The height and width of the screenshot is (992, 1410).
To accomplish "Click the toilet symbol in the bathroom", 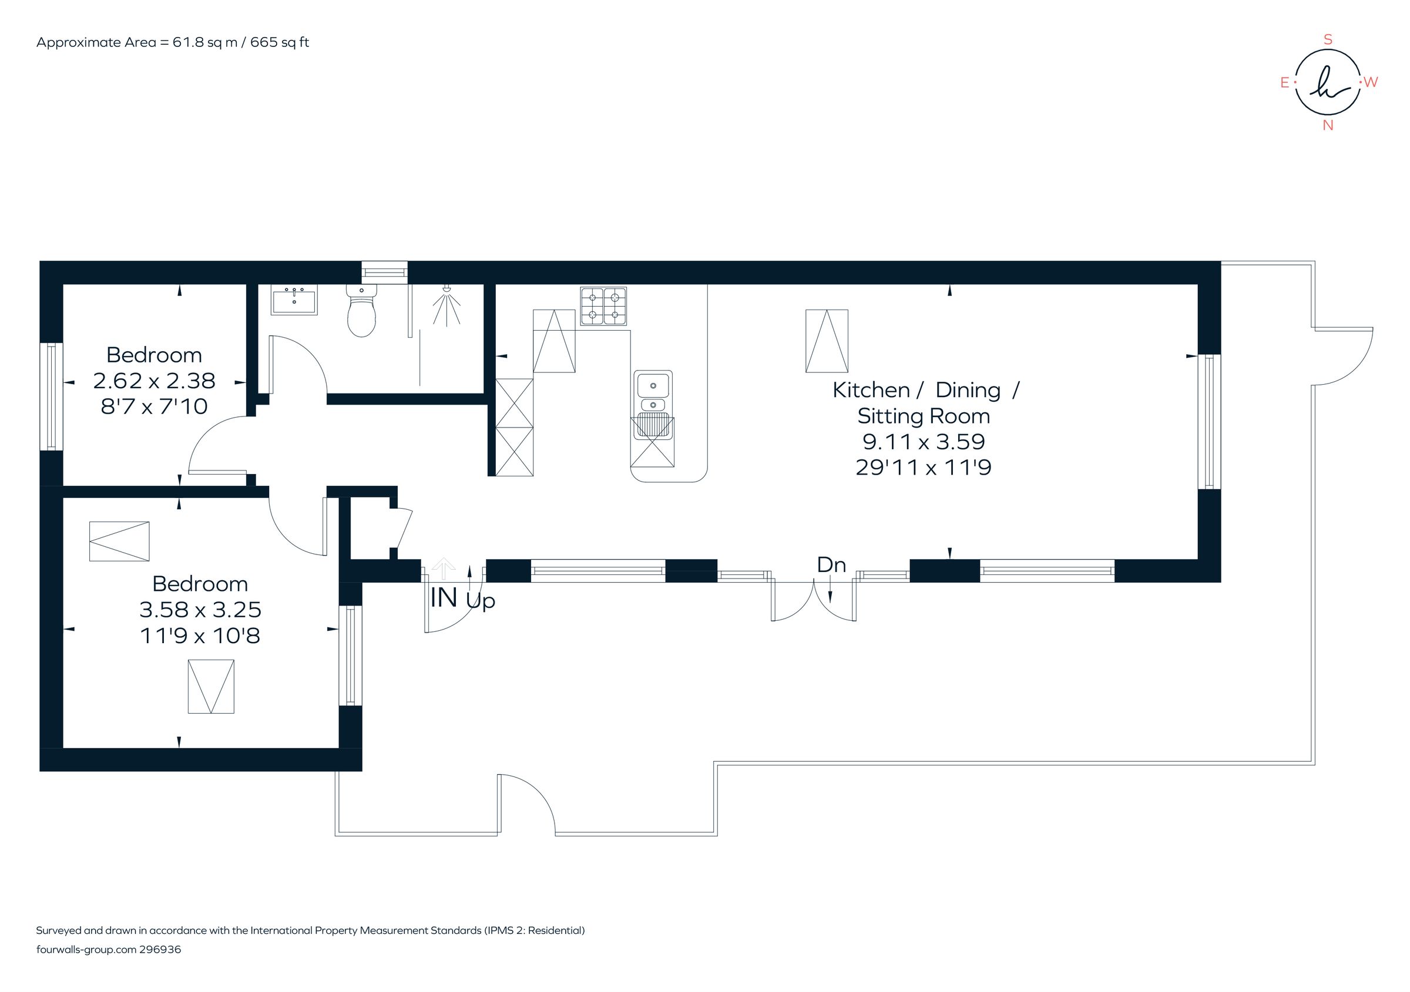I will tap(361, 312).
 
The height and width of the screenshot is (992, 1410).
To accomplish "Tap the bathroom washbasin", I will tap(294, 301).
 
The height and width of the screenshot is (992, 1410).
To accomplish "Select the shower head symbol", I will tap(447, 305).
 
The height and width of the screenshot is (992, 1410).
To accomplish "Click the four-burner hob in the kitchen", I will tap(603, 305).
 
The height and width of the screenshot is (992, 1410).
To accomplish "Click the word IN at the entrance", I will tap(444, 598).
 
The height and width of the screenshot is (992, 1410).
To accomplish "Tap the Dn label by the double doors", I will tap(831, 565).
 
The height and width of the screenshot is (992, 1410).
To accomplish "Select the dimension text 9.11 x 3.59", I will tap(923, 441).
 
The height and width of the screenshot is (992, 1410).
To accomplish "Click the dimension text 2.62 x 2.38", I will tap(154, 381).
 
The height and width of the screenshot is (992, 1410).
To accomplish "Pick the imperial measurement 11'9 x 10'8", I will tap(200, 635).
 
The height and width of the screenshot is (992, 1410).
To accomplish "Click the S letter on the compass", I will tap(1327, 41).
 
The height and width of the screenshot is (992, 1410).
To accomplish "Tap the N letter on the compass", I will tap(1328, 125).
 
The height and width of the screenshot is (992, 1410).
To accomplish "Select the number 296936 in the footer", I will tap(160, 950).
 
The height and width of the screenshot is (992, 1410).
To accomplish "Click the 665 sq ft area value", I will tap(280, 42).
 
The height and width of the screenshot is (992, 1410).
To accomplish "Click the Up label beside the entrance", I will tap(480, 600).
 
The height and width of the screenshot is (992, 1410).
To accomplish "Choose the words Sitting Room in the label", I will tap(923, 416).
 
